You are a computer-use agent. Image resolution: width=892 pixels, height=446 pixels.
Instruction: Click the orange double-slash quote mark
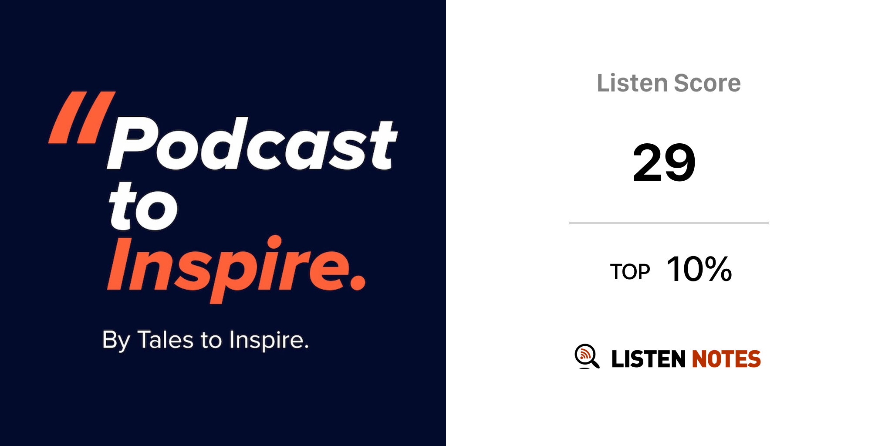(82, 117)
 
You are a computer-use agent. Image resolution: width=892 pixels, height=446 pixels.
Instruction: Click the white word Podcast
(252, 144)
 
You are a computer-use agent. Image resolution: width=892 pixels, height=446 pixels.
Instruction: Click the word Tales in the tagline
(166, 340)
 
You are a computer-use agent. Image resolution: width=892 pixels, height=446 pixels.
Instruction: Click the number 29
(664, 162)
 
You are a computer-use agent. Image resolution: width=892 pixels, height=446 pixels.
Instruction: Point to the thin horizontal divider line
(669, 223)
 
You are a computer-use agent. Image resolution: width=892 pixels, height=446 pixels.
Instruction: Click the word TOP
(630, 272)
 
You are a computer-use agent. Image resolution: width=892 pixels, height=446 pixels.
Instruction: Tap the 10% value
(699, 269)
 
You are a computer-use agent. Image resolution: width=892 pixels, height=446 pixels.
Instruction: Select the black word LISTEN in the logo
(649, 359)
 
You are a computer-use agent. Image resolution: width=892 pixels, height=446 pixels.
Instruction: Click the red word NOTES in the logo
(726, 359)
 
